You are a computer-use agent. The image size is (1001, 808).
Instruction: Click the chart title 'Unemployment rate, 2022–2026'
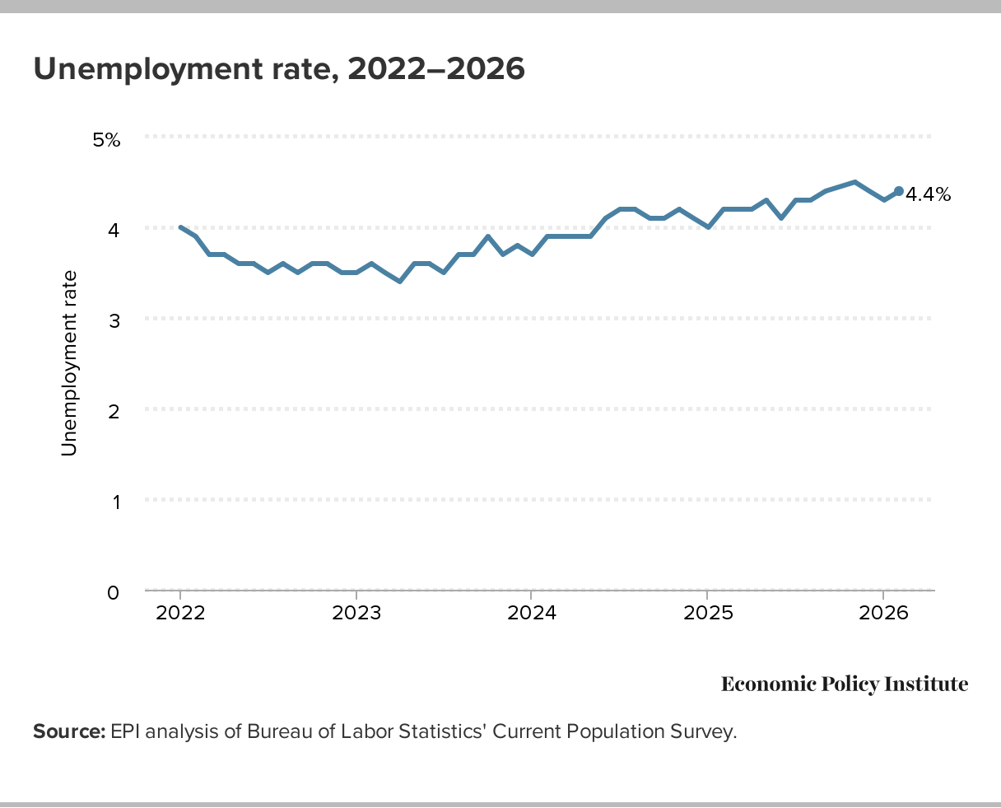278,69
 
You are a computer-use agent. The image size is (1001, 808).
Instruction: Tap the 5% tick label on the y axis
106,139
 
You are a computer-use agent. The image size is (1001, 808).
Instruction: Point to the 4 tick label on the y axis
114,230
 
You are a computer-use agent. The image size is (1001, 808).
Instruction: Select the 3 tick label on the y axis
114,320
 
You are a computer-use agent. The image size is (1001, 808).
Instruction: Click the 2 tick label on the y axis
114,411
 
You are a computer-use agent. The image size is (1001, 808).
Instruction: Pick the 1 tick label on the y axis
114,502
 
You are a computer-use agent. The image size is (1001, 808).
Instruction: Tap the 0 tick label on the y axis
114,592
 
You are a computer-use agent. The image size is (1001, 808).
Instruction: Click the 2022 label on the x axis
180,614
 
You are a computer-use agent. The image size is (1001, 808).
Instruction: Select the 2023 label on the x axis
356,614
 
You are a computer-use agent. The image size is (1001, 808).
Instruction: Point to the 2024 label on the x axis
531,614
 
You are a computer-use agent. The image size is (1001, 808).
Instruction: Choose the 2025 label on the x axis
706,614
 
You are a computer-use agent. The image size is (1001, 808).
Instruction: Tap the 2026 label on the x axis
882,614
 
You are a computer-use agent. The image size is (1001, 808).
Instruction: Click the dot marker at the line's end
898,191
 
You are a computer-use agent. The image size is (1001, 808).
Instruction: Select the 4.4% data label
928,195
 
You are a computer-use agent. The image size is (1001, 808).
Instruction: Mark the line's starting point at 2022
180,227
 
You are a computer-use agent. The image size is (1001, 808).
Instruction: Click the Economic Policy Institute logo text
845,684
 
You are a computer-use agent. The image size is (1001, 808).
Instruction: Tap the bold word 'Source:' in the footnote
69,731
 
